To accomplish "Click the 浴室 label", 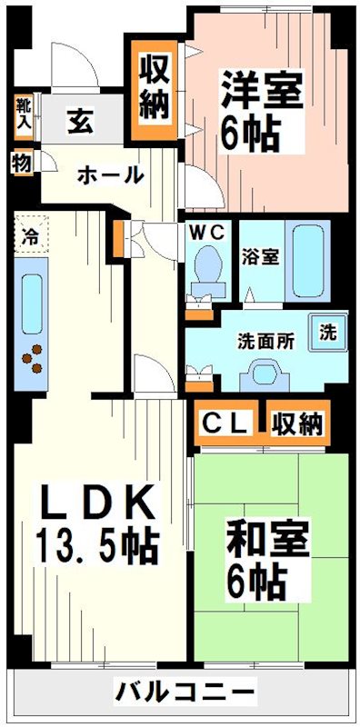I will pyautogui.click(x=260, y=255).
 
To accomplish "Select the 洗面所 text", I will pyautogui.click(x=265, y=342).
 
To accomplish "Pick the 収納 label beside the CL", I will pyautogui.click(x=296, y=422).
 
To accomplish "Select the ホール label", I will pyautogui.click(x=109, y=174).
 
